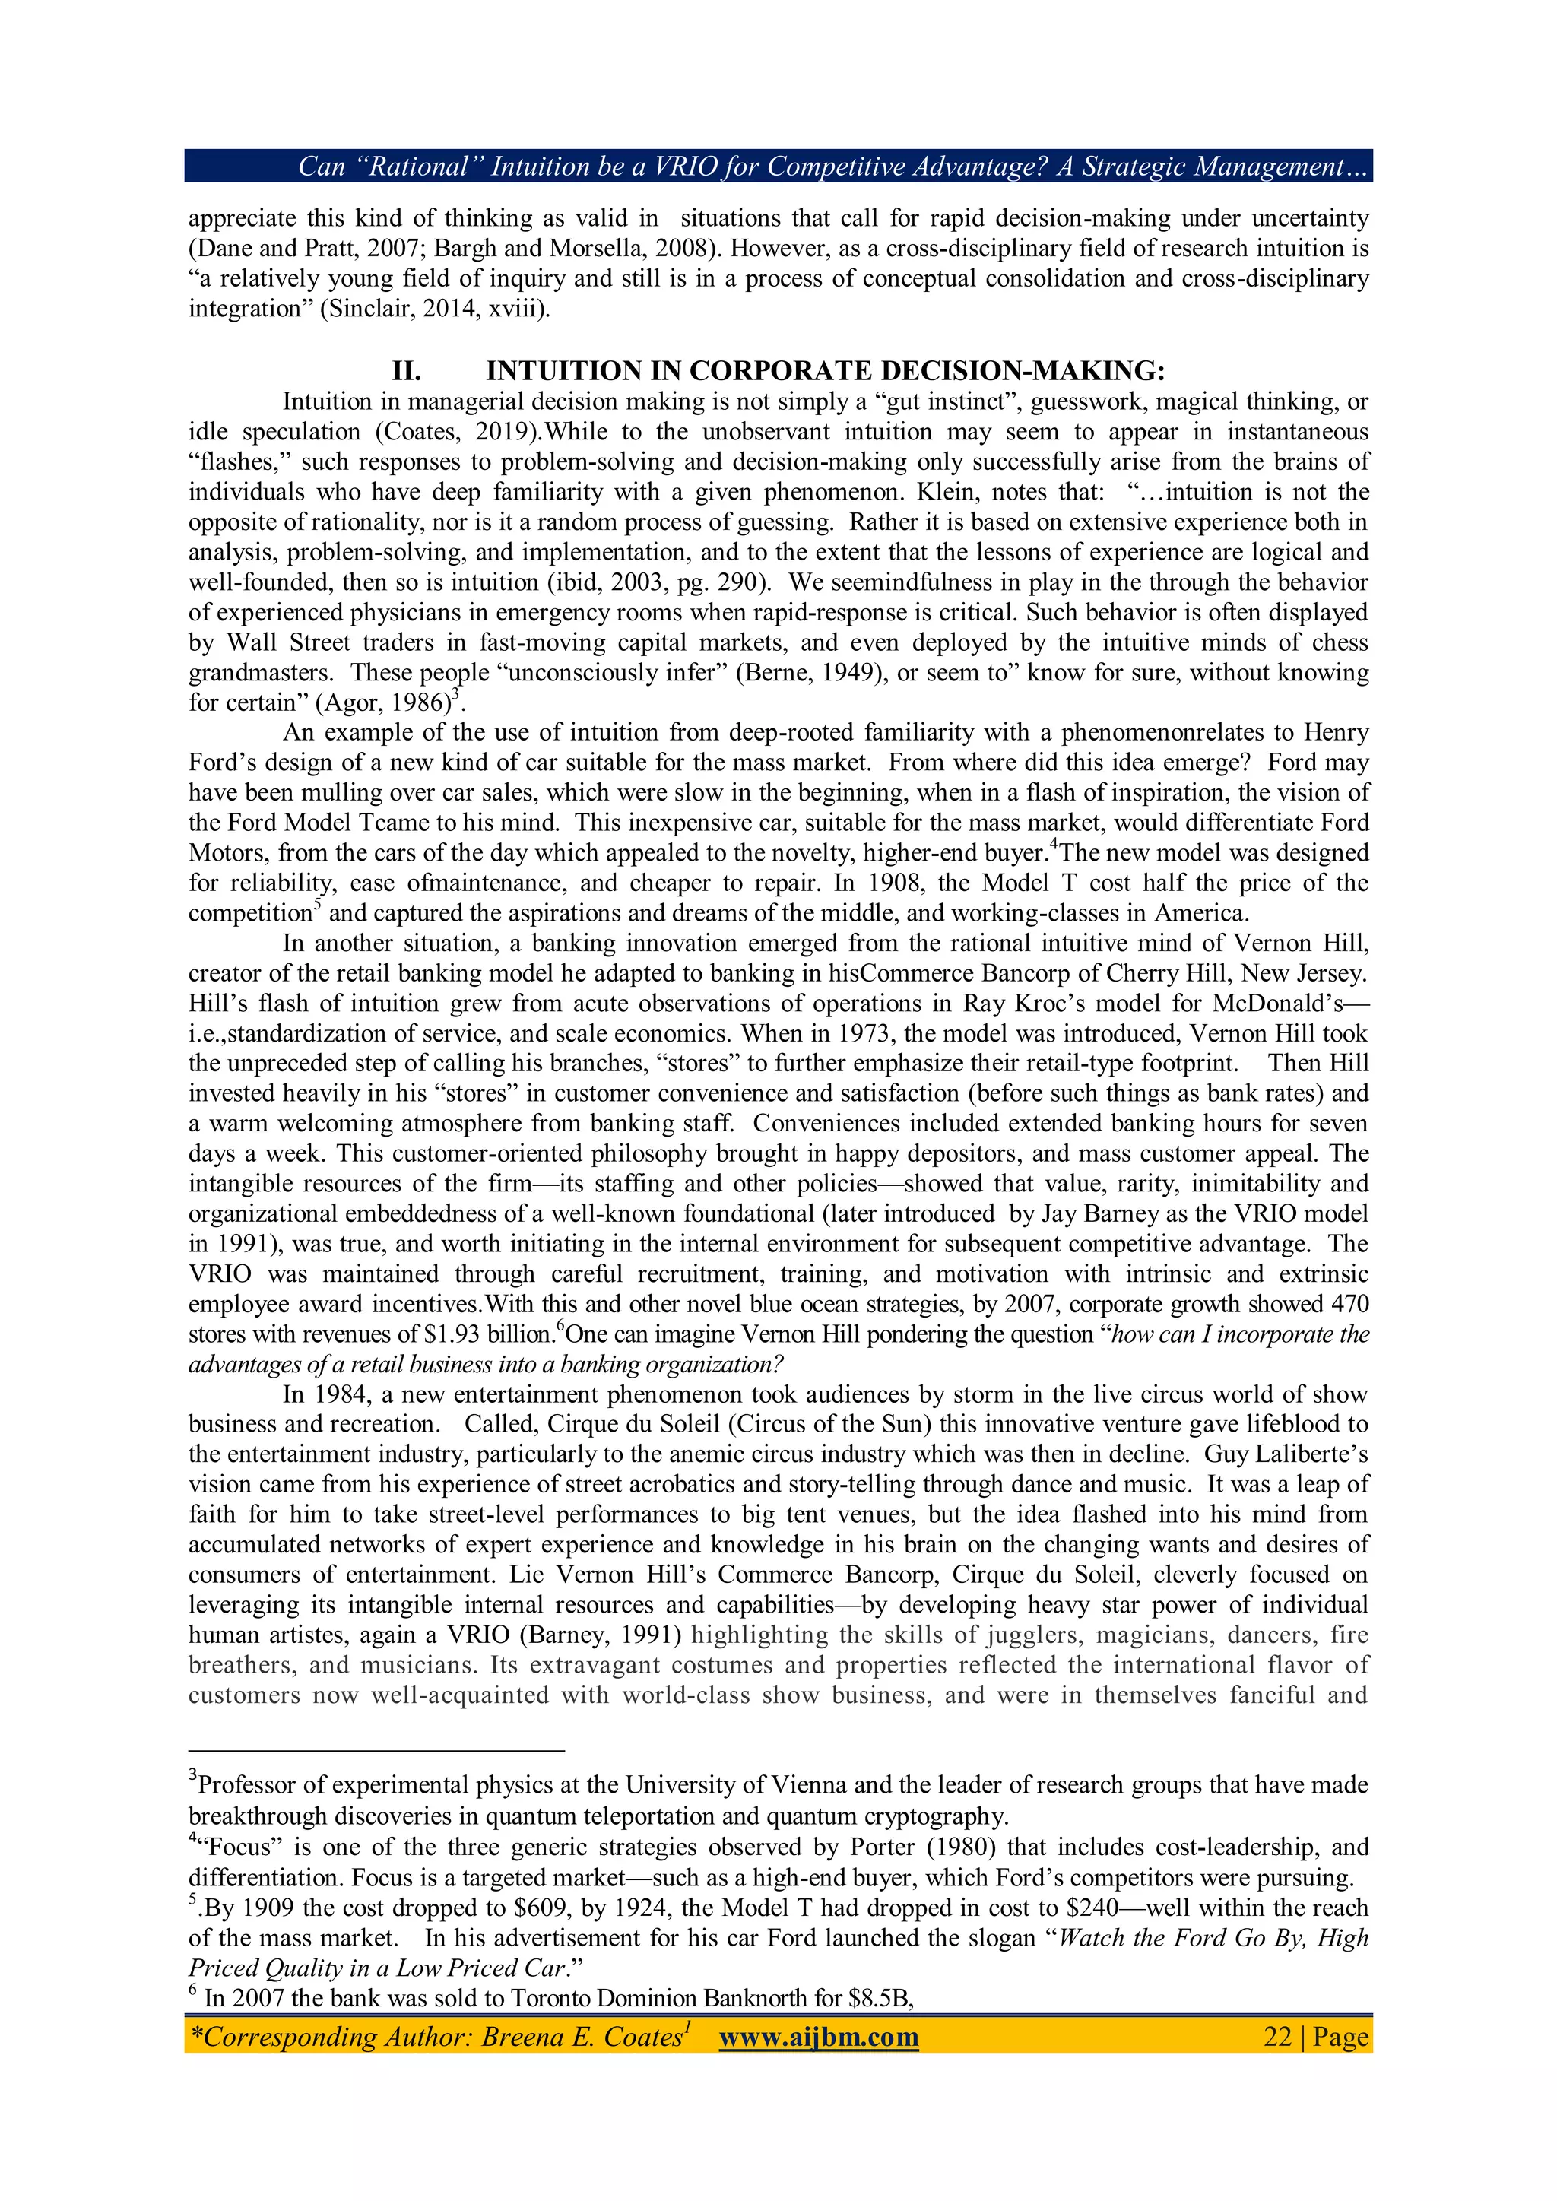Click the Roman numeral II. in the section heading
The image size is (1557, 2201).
point(407,371)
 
